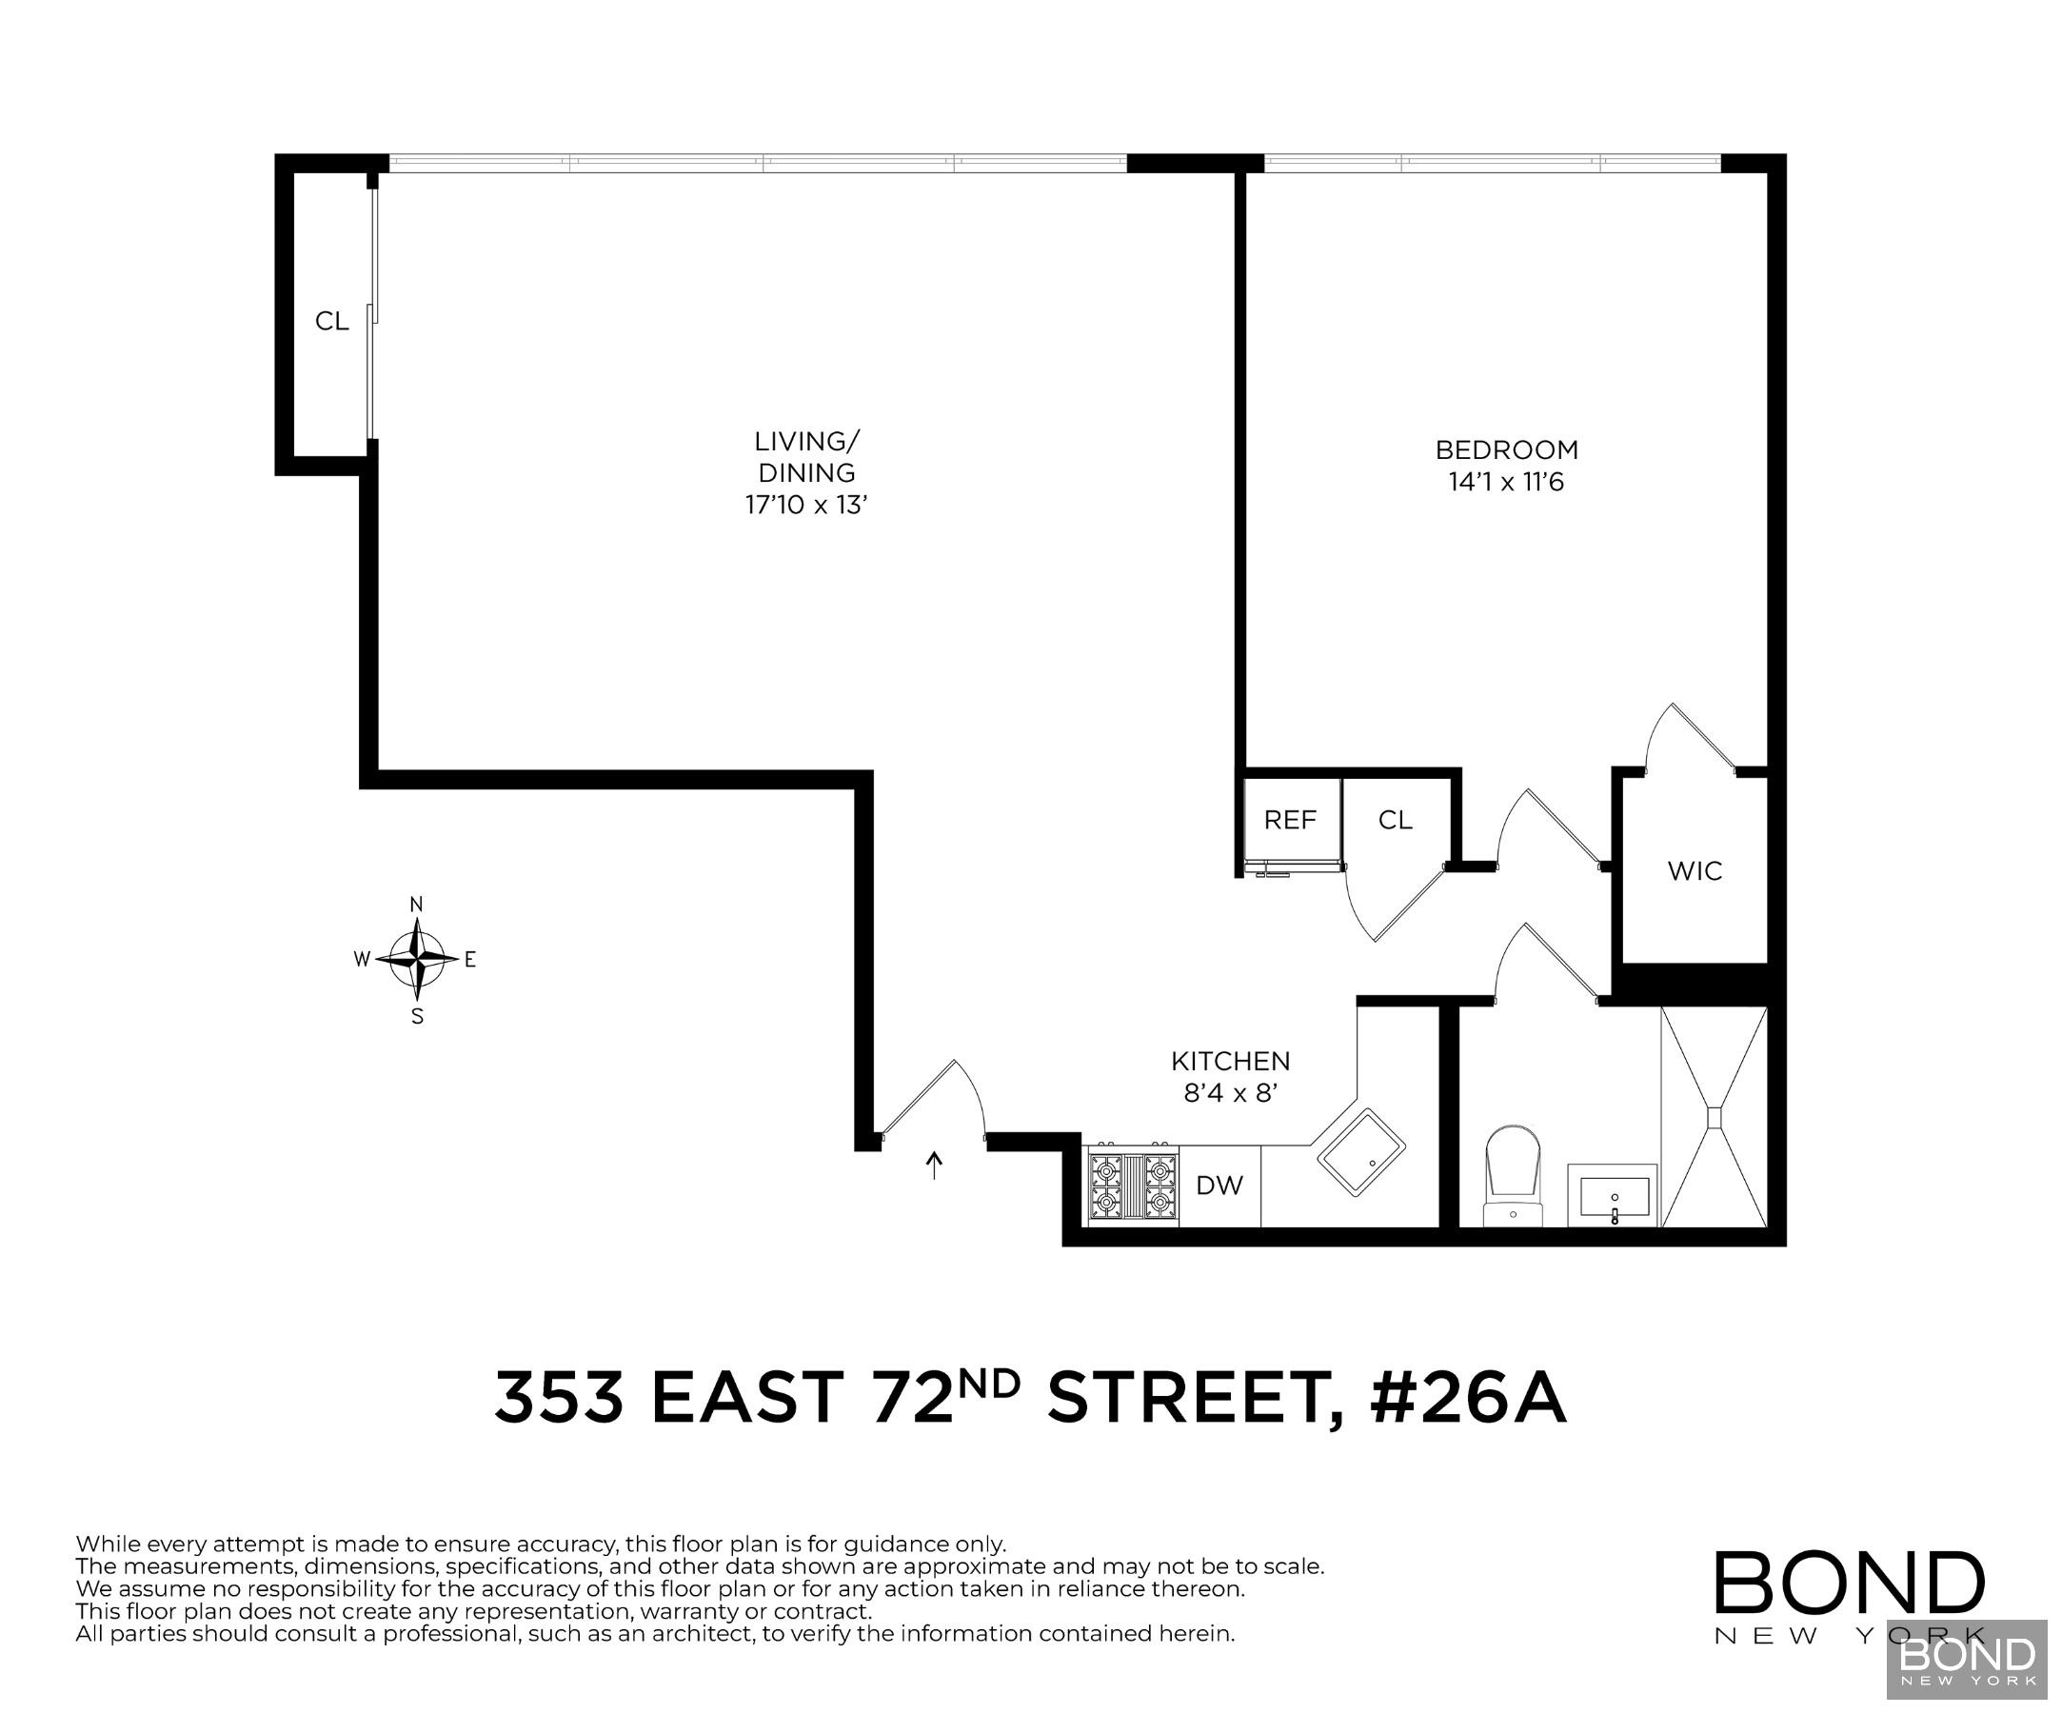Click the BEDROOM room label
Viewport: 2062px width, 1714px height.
point(1506,449)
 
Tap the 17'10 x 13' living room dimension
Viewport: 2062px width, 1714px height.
point(806,505)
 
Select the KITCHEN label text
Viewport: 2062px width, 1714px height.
point(1230,1061)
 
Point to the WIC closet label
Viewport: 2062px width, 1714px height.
point(1695,871)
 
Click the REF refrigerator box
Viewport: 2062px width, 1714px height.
point(1290,820)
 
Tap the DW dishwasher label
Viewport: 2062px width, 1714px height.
point(1219,1186)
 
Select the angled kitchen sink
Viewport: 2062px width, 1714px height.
point(1361,1152)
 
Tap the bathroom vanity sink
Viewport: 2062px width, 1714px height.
point(1614,1195)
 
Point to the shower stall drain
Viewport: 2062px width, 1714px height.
point(1715,1118)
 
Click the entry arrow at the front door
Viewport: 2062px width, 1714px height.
point(935,1166)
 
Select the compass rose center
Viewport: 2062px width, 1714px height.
point(418,958)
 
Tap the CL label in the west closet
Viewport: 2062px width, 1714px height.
point(332,321)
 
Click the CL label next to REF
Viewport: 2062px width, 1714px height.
point(1396,820)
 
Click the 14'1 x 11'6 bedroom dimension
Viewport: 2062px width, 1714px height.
point(1506,482)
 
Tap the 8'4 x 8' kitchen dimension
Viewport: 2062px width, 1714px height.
point(1230,1093)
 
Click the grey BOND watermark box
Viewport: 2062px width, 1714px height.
point(1967,1659)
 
